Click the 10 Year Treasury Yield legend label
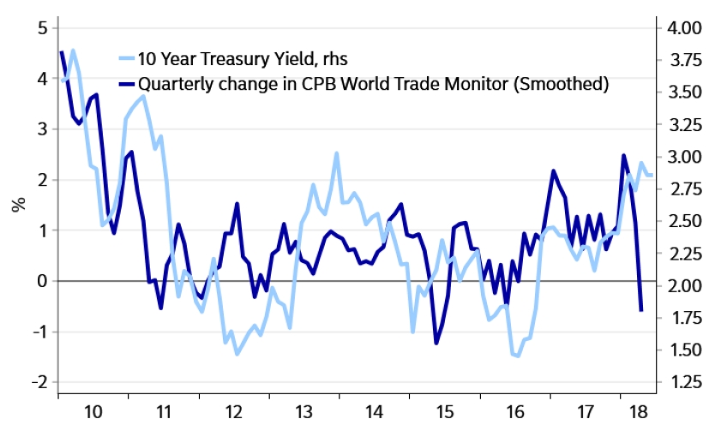[243, 58]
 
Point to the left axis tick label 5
[41, 27]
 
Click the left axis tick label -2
[38, 382]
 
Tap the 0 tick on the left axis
[41, 281]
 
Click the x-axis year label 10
[94, 410]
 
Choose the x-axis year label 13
[303, 410]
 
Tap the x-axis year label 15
[442, 410]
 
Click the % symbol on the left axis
[16, 204]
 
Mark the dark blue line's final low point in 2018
[641, 310]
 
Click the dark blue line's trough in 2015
[436, 343]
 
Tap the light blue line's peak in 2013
[337, 153]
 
